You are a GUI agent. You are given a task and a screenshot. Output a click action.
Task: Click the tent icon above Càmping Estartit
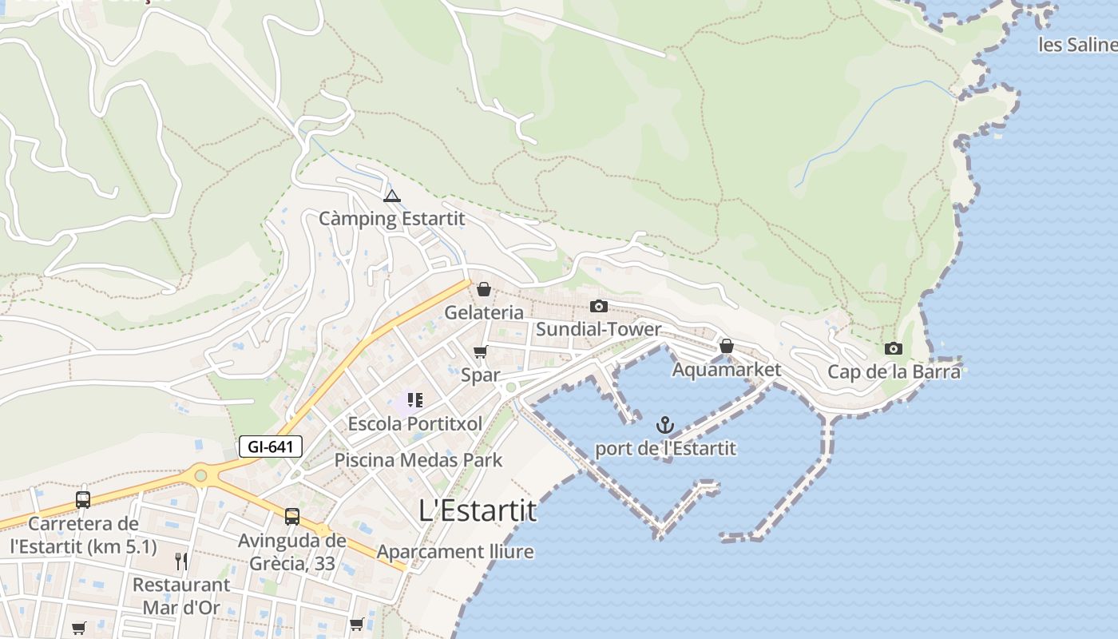point(391,196)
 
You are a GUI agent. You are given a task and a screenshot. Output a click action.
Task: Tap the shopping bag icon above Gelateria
point(484,289)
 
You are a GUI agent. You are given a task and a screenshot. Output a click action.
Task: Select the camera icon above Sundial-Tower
point(598,306)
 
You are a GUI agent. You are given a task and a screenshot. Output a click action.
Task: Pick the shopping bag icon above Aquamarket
point(726,346)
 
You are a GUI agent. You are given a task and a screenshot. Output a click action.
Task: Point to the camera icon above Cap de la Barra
point(894,348)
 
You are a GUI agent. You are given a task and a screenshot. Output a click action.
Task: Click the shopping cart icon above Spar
point(480,351)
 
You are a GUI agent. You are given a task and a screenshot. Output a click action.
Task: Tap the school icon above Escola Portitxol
point(414,399)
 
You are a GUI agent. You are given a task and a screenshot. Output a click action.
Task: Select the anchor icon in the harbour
point(664,425)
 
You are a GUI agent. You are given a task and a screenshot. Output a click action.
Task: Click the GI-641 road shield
point(271,447)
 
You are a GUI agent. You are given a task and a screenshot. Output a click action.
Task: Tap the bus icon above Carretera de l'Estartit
point(83,500)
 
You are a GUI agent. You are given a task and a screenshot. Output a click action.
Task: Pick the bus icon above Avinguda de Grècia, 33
point(292,517)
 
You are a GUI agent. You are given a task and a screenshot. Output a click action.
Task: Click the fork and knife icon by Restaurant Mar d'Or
point(181,561)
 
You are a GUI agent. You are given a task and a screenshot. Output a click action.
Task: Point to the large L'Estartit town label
point(478,511)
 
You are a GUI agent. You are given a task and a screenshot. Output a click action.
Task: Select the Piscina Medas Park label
point(418,460)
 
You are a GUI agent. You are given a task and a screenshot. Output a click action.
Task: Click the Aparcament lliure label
point(455,552)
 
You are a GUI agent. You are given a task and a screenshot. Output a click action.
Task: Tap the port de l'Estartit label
point(665,448)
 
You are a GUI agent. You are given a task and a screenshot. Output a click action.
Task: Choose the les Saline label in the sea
point(1077,45)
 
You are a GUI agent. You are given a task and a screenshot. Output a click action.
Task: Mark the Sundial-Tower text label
point(599,329)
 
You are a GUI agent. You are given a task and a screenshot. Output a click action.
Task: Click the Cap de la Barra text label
point(894,371)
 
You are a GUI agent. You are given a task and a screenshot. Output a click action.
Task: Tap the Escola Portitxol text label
point(415,423)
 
